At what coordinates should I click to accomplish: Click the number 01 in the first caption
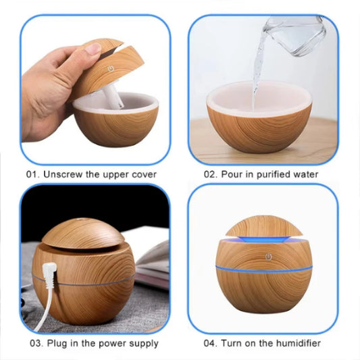[32, 174]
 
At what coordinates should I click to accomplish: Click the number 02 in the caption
[210, 174]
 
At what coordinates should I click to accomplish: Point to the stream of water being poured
[258, 74]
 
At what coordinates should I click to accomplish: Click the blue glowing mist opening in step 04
[263, 238]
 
